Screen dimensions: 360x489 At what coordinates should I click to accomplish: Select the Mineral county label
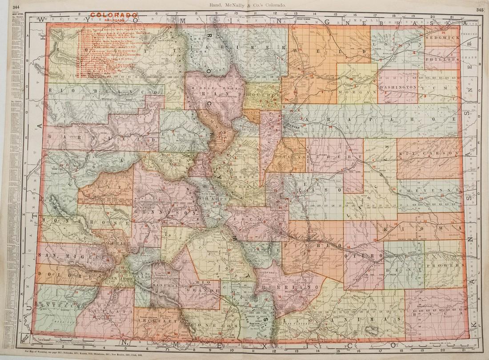point(164,284)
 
